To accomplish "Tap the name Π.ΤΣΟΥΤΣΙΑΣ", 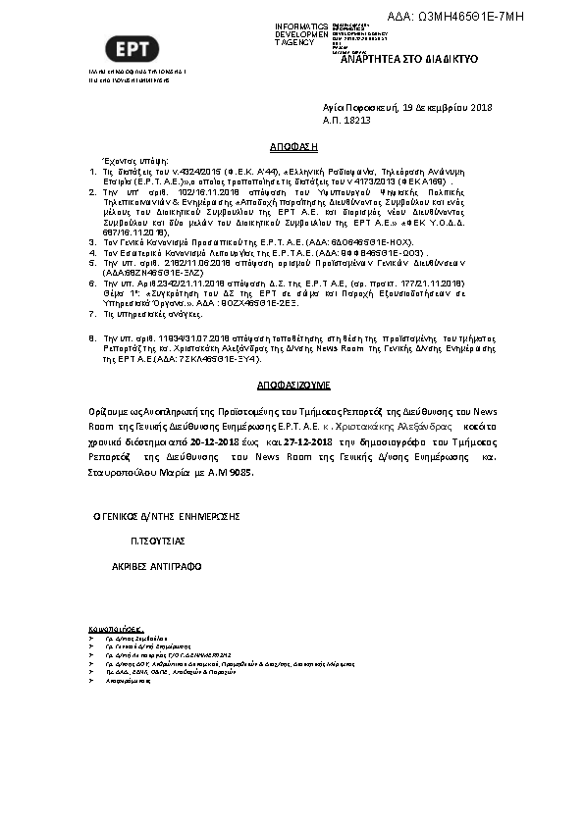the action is coord(158,541).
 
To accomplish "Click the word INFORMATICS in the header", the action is coord(302,25).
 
